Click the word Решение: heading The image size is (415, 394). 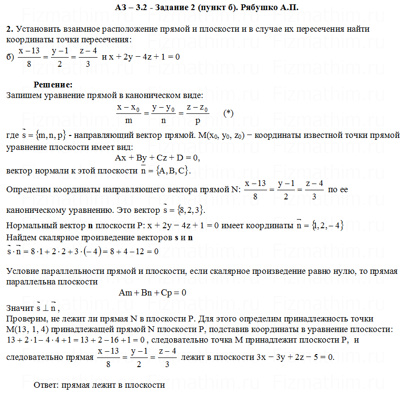pyautogui.click(x=53, y=85)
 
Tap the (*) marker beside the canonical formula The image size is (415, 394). pyautogui.click(x=229, y=113)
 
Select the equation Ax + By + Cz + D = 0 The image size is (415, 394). pyautogui.click(x=158, y=157)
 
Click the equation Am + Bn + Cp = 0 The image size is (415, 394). pyautogui.click(x=152, y=292)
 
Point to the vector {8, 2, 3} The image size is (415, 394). pyautogui.click(x=191, y=210)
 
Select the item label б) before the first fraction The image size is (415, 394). pyautogui.click(x=10, y=57)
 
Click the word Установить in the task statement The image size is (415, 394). pyautogui.click(x=35, y=29)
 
